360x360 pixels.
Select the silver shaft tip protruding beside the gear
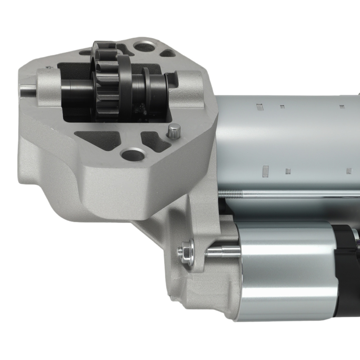(x=27, y=90)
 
